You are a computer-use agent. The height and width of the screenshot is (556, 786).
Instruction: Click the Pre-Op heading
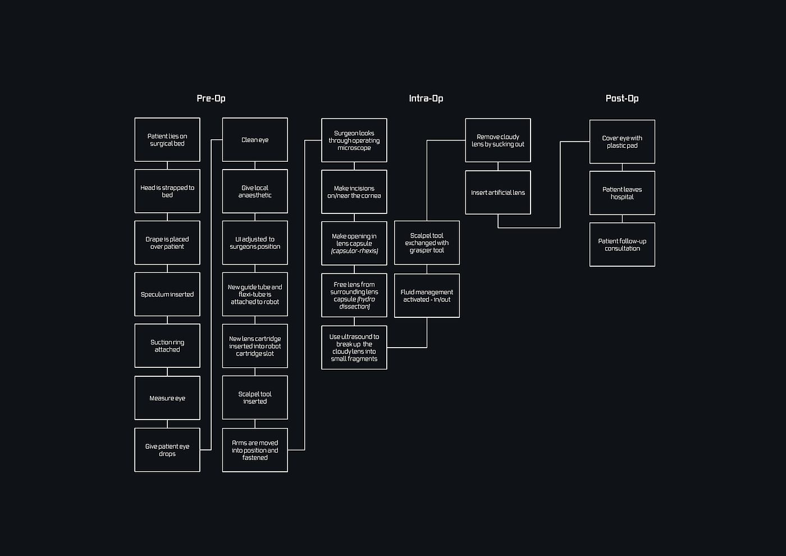coord(211,99)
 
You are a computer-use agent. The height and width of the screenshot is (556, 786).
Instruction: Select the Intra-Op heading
coord(426,99)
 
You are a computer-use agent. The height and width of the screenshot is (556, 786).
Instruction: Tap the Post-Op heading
coord(622,99)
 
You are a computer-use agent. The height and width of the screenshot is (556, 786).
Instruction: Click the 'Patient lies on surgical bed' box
coord(167,140)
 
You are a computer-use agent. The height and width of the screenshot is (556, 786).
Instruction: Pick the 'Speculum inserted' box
coord(167,294)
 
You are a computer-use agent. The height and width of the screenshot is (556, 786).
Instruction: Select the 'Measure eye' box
coord(167,398)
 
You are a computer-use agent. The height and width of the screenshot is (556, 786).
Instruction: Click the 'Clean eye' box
coord(255,140)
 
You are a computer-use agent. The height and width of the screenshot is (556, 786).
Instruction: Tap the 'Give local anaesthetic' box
coord(255,192)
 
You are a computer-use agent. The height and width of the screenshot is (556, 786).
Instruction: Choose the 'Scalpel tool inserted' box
coord(255,398)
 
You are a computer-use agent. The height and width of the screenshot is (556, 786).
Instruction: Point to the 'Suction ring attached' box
coord(167,346)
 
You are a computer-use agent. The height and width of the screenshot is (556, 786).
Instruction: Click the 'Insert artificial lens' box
coord(498,192)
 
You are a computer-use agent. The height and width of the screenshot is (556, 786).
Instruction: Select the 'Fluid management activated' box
coord(427,295)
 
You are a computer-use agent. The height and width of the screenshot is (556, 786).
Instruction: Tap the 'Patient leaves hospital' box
coord(622,193)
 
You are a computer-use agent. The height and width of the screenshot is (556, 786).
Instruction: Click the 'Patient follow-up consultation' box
coord(622,245)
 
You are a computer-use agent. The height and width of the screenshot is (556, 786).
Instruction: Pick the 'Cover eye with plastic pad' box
coord(622,142)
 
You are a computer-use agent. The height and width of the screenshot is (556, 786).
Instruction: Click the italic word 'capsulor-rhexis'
coord(354,251)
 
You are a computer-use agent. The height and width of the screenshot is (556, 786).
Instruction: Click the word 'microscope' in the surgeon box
coord(354,148)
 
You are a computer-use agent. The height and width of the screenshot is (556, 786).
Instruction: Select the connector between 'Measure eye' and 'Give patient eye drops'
coord(167,424)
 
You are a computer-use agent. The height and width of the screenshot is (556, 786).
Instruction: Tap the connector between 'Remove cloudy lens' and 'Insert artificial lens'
coord(498,166)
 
